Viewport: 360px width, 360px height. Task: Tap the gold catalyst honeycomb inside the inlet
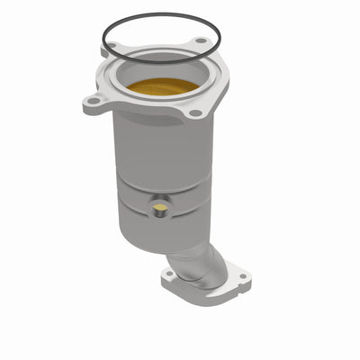click(x=163, y=87)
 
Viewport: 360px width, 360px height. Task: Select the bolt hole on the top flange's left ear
click(x=93, y=104)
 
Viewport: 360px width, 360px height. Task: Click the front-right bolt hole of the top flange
click(x=195, y=113)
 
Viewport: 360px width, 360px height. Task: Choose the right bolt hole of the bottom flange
click(x=239, y=275)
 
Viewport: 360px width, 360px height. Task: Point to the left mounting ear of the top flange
click(x=94, y=104)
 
